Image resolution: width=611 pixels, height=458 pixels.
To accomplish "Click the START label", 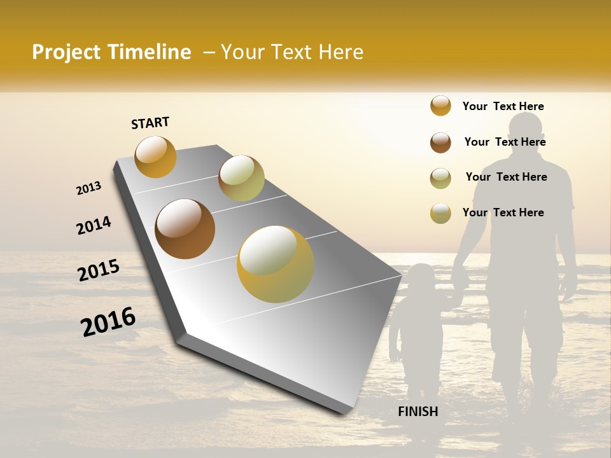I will coord(150,123).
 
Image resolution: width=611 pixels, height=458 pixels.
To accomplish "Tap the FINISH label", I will coord(418,412).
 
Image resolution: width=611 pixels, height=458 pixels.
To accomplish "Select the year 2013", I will coord(88,188).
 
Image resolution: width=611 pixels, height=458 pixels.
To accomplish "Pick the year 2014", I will coord(94,226).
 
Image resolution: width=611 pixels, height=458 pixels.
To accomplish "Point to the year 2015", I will coord(99,270).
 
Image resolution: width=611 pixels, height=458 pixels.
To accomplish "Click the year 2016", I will coord(108,322).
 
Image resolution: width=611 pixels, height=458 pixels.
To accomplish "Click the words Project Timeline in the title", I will coord(111,52).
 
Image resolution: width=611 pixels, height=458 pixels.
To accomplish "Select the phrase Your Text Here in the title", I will coord(292,52).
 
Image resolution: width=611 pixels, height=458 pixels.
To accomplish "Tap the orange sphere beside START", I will coord(155,156).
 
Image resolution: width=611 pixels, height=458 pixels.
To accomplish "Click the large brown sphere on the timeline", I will coord(185,229).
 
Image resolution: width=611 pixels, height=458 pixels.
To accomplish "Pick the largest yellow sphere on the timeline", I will coord(275,264).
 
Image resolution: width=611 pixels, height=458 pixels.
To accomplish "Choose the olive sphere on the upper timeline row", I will coord(241,178).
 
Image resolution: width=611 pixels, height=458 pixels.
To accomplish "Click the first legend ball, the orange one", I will coord(440,106).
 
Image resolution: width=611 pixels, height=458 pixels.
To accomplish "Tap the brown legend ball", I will coord(440,142).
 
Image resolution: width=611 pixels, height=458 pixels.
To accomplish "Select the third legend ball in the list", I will coord(440,178).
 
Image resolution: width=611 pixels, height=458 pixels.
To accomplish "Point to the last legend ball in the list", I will coord(440,213).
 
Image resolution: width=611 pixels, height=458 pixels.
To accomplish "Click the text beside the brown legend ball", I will coord(505,142).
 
